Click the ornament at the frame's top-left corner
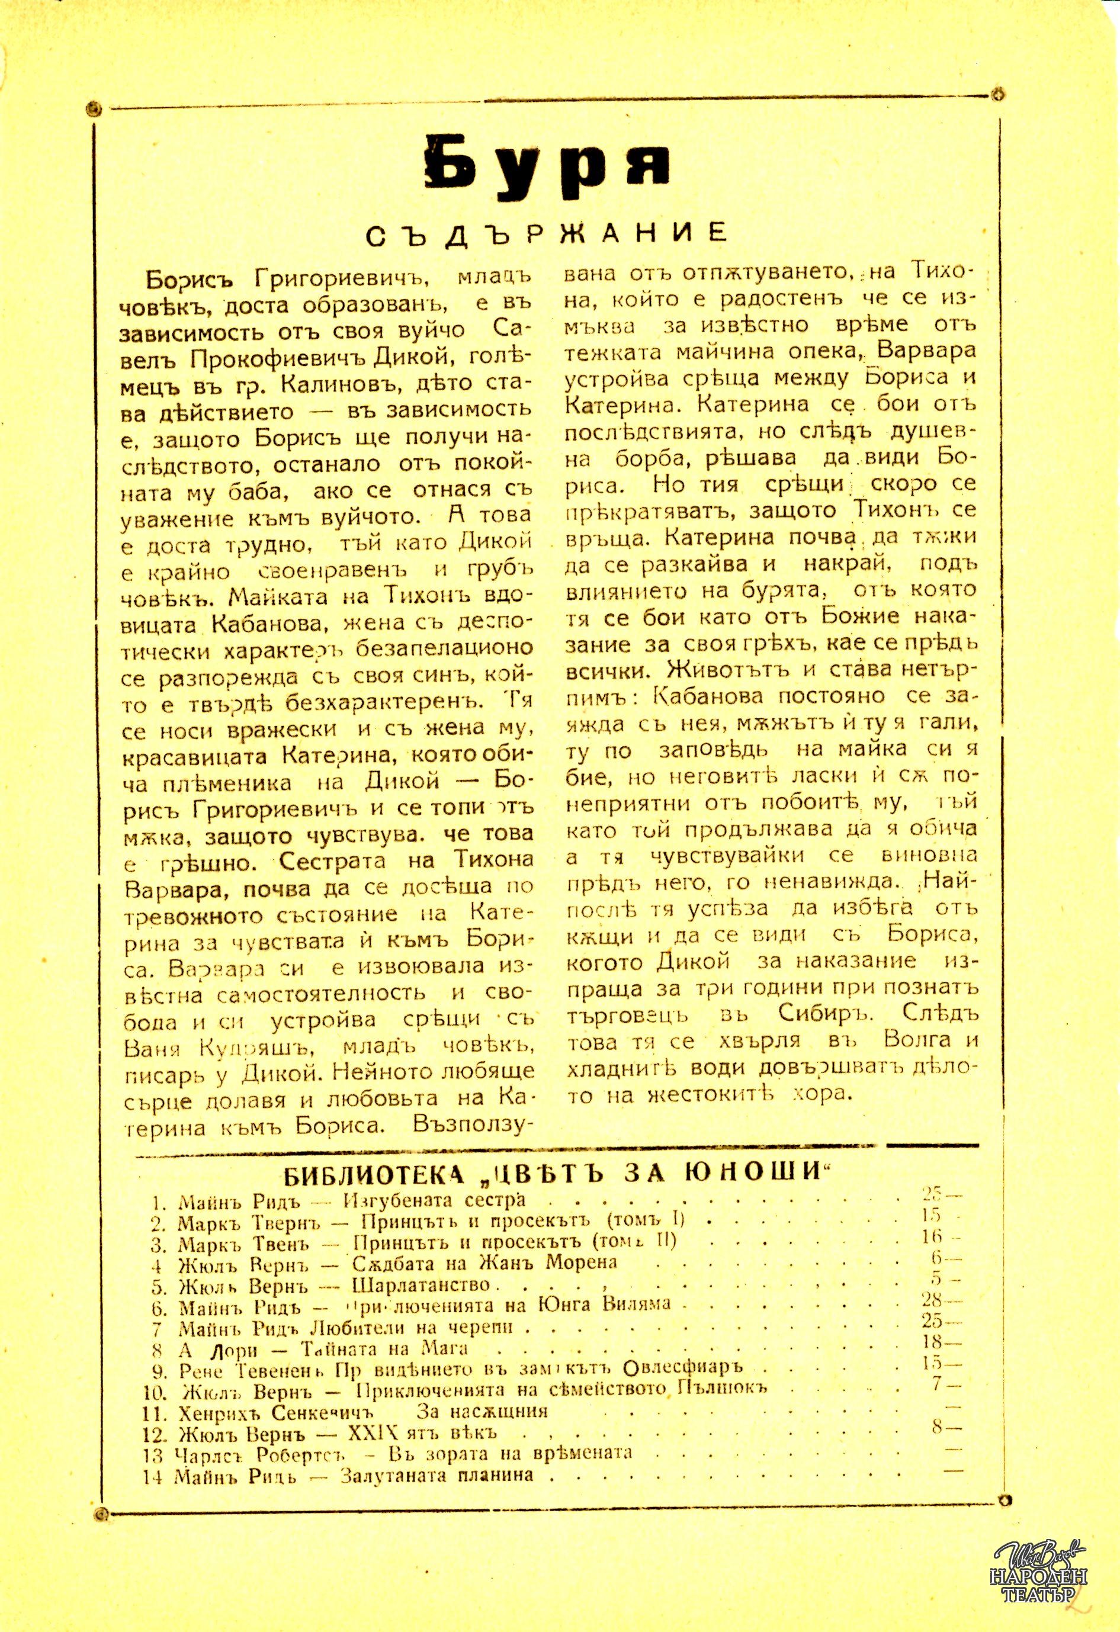(92, 109)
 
